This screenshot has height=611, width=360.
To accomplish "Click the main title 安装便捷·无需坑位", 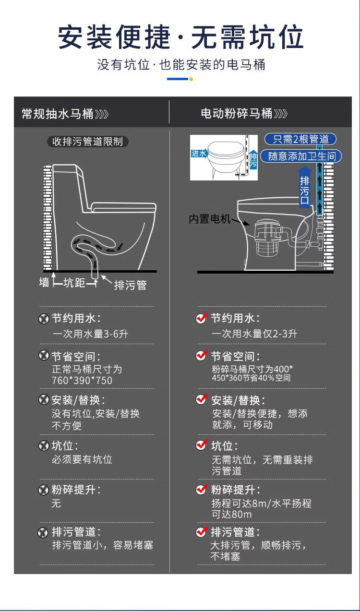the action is point(180,37).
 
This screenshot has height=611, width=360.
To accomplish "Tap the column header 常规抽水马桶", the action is point(58,114).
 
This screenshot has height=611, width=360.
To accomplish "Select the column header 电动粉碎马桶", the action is point(237,113).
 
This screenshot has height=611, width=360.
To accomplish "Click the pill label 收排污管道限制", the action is point(87,142).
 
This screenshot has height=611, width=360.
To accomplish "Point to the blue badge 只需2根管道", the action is point(300,139).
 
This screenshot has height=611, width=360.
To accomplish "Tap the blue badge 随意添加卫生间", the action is point(301,156).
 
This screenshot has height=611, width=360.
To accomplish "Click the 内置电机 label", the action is point(209,219).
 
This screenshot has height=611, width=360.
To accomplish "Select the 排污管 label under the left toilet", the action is point(130,285).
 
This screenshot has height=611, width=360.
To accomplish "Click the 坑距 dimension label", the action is point(74,283).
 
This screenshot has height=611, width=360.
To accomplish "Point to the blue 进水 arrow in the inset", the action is point(199,154).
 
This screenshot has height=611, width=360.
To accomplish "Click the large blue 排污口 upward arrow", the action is point(305,188).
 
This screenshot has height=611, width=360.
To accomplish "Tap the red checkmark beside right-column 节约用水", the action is point(202,318).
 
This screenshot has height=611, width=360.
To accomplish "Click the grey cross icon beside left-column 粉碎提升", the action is point(44,490).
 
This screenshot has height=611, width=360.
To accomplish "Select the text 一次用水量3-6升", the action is point(90,334).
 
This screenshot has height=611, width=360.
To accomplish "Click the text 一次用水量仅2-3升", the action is point(254,334).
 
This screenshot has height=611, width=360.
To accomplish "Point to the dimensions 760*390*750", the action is point(82,380).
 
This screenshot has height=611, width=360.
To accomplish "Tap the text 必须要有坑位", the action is point(82,460).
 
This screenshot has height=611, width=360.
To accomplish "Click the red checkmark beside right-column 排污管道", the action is point(202,532).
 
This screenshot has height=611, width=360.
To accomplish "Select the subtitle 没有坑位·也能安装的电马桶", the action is point(181,65).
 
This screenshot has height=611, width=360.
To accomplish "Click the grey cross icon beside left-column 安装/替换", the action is point(44,400).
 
